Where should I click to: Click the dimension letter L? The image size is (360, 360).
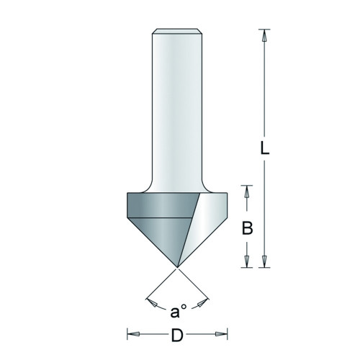point(265,149)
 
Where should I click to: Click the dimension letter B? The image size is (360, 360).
point(247,228)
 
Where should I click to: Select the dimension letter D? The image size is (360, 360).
point(177,334)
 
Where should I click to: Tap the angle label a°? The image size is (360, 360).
point(178,311)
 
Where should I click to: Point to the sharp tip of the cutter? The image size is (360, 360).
point(177,267)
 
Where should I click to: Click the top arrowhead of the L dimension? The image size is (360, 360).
point(264,35)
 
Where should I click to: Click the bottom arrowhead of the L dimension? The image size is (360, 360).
point(264,261)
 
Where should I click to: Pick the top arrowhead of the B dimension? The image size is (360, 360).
point(247,192)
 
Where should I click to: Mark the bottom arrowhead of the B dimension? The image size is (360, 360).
point(247,261)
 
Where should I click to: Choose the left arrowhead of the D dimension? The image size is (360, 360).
point(133,334)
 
